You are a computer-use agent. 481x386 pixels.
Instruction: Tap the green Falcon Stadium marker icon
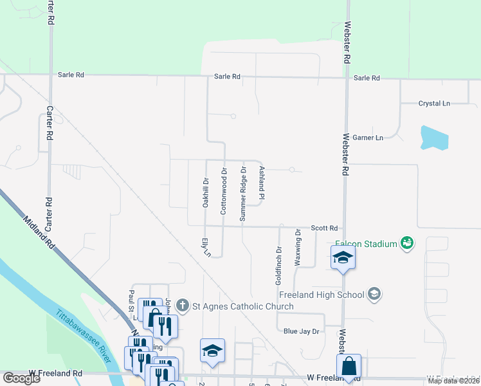click(x=406, y=243)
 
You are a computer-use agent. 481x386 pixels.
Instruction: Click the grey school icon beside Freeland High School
click(x=375, y=295)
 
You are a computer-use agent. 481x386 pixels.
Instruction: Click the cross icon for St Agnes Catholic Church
click(x=183, y=306)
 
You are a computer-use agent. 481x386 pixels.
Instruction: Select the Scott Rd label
click(x=324, y=228)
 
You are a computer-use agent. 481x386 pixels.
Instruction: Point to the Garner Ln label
click(x=371, y=138)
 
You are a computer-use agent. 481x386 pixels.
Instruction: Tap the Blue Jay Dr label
click(x=301, y=331)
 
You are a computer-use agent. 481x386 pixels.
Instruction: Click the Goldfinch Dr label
click(x=279, y=266)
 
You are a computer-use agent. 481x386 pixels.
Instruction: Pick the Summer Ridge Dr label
click(x=243, y=194)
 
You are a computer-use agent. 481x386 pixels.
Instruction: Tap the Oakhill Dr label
click(x=206, y=192)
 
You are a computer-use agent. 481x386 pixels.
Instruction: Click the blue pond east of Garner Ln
click(x=434, y=138)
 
